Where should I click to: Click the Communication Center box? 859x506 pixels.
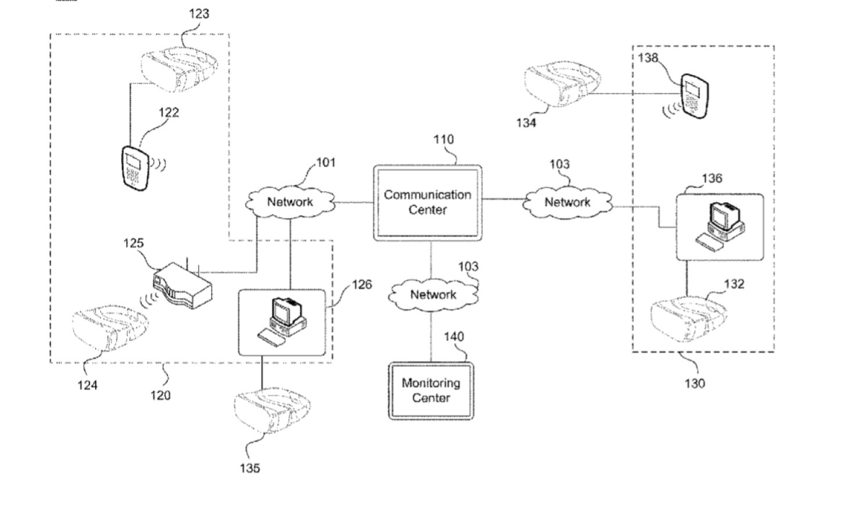click(x=427, y=202)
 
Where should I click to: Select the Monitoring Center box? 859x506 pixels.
click(x=431, y=390)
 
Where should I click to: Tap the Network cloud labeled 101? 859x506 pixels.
click(x=290, y=202)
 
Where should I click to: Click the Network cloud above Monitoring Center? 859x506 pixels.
click(x=433, y=295)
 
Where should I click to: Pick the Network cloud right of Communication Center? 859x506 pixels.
click(x=567, y=202)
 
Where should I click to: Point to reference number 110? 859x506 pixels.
click(x=443, y=139)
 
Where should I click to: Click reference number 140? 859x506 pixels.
click(x=454, y=337)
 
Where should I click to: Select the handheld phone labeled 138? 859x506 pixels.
click(x=695, y=95)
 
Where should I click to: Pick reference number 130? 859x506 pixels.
click(x=695, y=383)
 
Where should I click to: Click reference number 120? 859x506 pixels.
click(x=161, y=395)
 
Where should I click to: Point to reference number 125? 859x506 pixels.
click(x=133, y=243)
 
